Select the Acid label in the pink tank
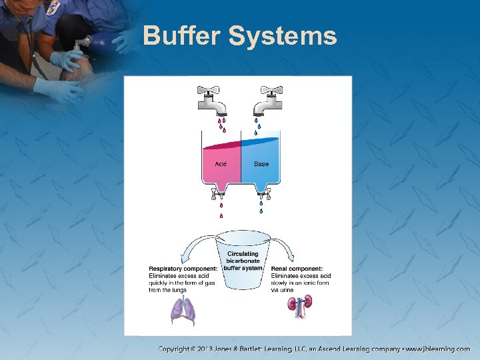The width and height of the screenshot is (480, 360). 220,164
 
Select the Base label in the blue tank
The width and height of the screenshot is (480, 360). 261,164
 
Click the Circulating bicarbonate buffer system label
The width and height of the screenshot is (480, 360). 243,261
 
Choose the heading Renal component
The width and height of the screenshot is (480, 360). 297,269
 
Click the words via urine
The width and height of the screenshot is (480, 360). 282,290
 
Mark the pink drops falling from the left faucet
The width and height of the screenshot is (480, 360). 221,124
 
